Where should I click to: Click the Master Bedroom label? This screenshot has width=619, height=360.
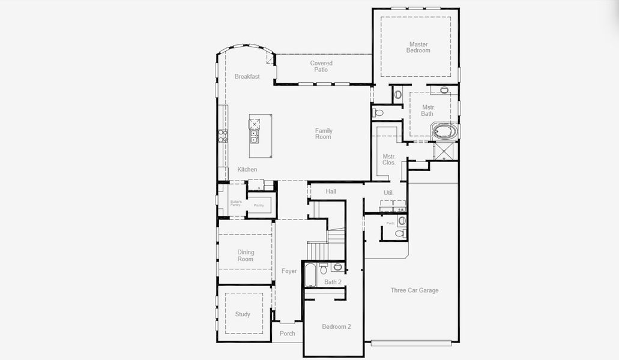pos(418,47)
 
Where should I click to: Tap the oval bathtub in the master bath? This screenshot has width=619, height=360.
pos(445,131)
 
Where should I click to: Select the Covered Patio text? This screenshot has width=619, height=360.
pos(321,66)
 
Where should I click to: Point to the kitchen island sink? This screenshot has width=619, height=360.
pos(254,136)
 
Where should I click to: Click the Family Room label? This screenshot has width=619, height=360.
pos(324,134)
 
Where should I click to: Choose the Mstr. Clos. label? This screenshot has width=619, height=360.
pos(389,160)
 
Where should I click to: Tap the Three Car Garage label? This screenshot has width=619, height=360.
pos(414,290)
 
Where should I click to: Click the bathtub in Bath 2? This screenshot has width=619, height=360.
pos(310,275)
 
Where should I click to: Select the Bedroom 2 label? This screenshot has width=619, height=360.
pos(336,326)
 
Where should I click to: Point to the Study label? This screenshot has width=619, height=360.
pos(243,314)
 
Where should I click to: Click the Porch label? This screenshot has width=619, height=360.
pos(288,334)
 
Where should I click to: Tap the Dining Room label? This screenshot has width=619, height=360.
pos(246,256)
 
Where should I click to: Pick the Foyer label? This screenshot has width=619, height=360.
pos(289,271)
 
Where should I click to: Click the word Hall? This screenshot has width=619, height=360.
pos(331,191)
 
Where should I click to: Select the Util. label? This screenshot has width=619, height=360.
pos(388,193)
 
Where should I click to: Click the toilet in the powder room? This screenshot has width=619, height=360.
pos(402,233)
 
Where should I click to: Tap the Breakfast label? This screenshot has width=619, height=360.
pos(247,77)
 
